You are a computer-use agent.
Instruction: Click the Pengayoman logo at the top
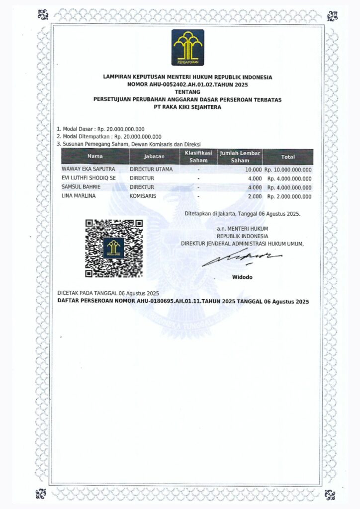[x=187, y=47]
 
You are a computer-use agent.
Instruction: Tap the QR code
[x=114, y=248]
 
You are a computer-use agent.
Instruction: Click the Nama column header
[x=95, y=157]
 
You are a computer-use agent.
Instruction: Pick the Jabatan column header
[x=154, y=157]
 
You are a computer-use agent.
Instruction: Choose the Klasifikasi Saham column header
[x=198, y=157]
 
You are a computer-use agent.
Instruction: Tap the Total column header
[x=288, y=157]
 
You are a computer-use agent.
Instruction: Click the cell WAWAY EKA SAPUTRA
[x=86, y=169]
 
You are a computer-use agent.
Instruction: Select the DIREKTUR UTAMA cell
[x=151, y=169]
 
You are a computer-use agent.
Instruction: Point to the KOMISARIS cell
[x=143, y=196]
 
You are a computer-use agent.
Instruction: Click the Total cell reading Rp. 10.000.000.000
[x=288, y=170]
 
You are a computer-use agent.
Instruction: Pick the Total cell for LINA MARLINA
[x=289, y=197]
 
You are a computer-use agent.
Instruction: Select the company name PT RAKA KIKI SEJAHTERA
[x=187, y=107]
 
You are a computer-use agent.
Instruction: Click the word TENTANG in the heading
[x=187, y=92]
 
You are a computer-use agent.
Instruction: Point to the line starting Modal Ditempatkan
[x=109, y=136]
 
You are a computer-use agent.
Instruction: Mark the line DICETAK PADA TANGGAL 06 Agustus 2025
[x=108, y=294]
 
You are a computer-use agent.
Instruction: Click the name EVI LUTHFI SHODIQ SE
[x=88, y=178]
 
